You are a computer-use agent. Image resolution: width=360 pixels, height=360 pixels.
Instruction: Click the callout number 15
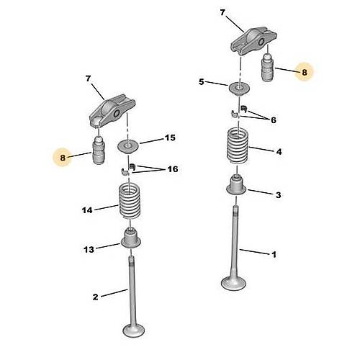click(x=170, y=138)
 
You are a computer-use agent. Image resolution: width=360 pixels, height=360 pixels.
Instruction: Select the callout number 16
click(x=173, y=169)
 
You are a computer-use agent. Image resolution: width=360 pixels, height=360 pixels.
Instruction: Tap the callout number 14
click(x=87, y=210)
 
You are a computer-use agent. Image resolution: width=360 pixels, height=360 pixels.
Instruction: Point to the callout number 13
click(x=89, y=249)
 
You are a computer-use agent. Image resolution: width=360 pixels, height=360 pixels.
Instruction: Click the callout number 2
click(x=96, y=297)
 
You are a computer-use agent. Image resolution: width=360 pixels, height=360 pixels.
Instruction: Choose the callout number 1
click(x=274, y=254)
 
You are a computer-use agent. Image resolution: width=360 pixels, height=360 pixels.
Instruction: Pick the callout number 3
click(x=278, y=195)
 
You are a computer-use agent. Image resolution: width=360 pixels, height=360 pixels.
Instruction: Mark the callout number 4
click(x=279, y=152)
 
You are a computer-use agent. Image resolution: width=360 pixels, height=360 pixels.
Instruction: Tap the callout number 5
click(x=202, y=82)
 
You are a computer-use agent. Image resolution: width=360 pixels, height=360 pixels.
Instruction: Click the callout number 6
click(x=274, y=120)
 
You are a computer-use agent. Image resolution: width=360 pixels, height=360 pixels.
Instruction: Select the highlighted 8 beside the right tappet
click(x=305, y=72)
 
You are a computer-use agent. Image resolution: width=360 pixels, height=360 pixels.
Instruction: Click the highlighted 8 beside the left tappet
click(x=63, y=158)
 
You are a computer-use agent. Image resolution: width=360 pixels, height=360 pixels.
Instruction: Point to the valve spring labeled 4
click(x=238, y=146)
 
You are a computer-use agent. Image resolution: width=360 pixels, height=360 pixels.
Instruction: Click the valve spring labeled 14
click(x=130, y=201)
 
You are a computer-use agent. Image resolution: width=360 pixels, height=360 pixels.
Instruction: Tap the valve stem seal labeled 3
click(x=236, y=186)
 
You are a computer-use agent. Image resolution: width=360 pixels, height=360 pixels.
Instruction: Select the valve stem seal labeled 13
click(x=131, y=238)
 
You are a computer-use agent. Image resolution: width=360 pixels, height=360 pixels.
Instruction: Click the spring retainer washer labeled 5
click(x=239, y=89)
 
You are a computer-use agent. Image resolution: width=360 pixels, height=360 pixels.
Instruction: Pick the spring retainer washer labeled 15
click(x=128, y=147)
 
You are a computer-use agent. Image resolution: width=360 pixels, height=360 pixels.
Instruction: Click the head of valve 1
click(x=234, y=284)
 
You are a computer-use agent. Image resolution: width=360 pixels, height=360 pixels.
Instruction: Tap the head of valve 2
click(x=134, y=330)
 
